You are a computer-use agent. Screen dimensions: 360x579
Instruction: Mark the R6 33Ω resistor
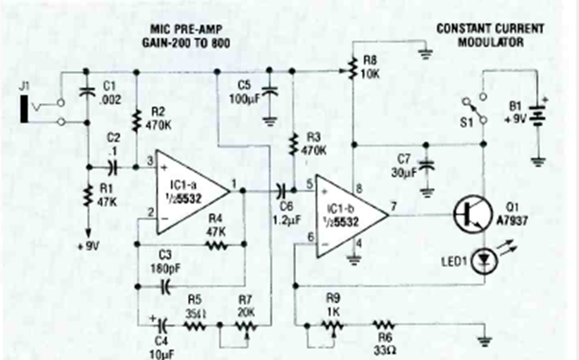pos(383,325)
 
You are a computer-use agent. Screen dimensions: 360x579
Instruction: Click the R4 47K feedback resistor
pos(216,245)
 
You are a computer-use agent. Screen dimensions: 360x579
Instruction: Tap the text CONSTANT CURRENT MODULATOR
pos(490,35)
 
